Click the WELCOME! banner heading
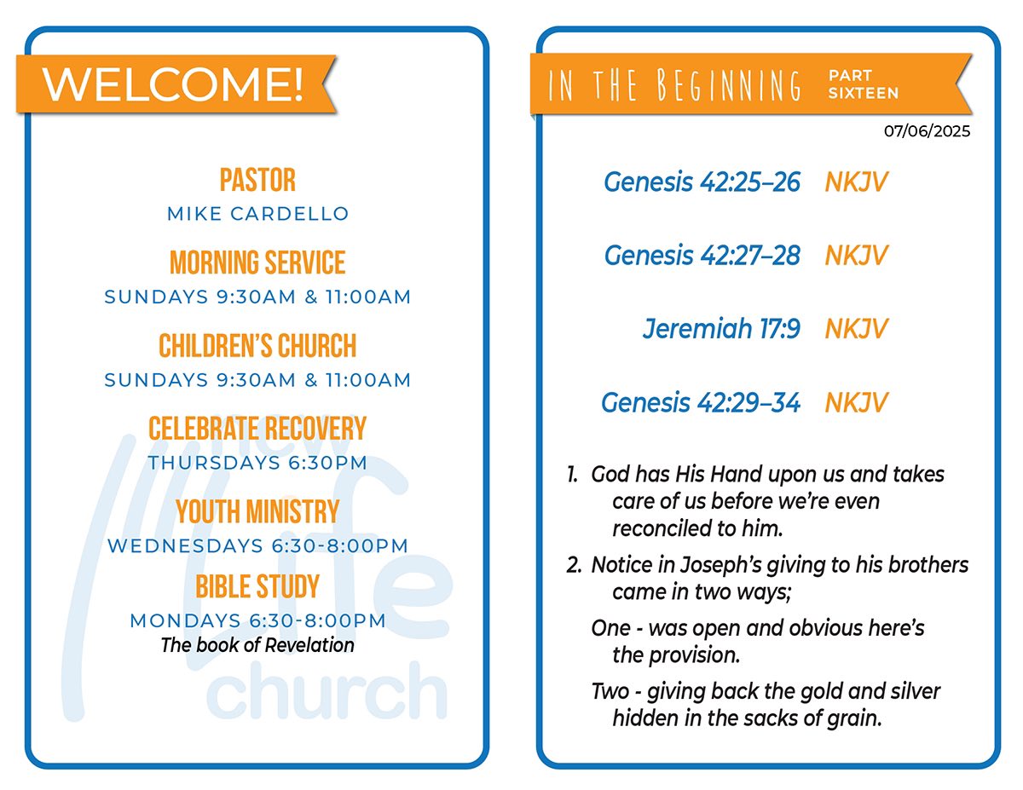tap(172, 84)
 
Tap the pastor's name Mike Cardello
tap(258, 214)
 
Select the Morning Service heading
tap(257, 262)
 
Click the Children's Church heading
tap(257, 346)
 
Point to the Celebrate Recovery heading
tap(257, 429)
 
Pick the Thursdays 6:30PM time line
tap(257, 463)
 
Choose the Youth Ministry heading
tap(257, 511)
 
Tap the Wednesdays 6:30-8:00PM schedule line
tap(257, 545)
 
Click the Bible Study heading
tap(257, 586)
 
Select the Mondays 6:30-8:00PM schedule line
tap(257, 620)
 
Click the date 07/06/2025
tap(927, 131)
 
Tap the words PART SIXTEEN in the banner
tap(864, 84)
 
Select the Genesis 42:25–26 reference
tap(702, 182)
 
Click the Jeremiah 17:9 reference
tap(721, 328)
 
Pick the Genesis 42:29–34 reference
tap(701, 403)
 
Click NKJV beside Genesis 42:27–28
tap(856, 256)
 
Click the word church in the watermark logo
tap(327, 692)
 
